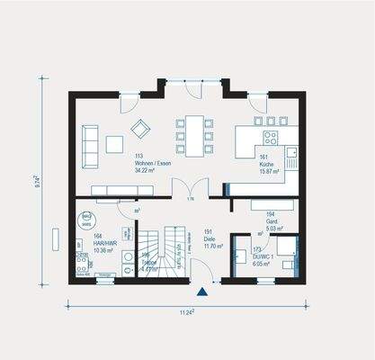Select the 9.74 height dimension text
35,188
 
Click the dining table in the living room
193,135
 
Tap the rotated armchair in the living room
138,125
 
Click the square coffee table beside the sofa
115,144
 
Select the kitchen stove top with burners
269,138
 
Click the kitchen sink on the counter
291,160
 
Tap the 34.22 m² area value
147,169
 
